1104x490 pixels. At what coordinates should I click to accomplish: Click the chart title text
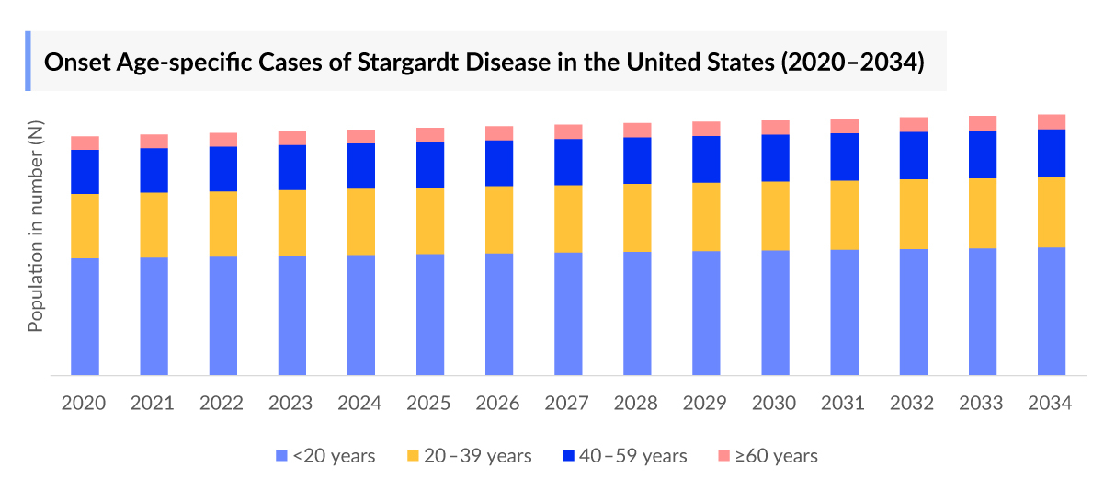coord(484,63)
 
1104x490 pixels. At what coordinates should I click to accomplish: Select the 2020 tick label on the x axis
coord(84,404)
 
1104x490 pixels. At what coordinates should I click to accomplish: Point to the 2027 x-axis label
coord(567,404)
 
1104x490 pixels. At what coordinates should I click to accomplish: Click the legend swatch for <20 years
coord(282,456)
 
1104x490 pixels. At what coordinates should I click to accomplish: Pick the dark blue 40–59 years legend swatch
coord(568,456)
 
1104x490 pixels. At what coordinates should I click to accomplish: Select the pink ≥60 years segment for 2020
coord(85,142)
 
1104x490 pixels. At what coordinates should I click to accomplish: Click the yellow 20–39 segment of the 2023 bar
coord(292,222)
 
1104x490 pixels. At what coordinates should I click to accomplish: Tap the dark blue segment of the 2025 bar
coord(430,165)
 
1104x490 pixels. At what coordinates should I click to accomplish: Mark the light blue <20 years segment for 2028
coord(637,313)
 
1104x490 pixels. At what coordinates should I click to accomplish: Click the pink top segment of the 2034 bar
coord(1052,121)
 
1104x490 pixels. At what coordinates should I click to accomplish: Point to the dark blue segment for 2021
coord(154,170)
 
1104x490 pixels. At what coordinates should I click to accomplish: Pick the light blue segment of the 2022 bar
coord(223,315)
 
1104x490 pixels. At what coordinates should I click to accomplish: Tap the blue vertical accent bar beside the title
coord(28,61)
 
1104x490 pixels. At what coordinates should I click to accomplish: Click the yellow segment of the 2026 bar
coord(499,220)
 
